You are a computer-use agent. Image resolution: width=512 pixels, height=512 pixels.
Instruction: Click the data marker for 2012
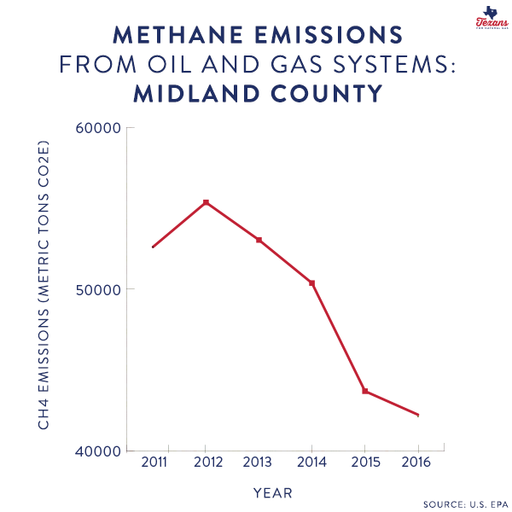coord(206,202)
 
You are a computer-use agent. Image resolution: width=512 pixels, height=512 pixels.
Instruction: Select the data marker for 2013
coord(259,240)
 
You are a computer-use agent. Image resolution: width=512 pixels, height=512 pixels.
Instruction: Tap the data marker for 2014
coord(311,282)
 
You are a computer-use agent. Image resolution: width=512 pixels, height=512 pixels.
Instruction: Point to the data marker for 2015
coord(365,391)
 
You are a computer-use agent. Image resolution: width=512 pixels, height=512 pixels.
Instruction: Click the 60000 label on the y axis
coord(97,128)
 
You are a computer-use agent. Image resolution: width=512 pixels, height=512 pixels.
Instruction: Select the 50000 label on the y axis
coord(97,289)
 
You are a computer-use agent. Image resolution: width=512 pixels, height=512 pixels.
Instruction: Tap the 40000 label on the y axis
coord(97,451)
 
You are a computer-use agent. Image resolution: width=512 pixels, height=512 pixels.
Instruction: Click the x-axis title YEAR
coord(273,492)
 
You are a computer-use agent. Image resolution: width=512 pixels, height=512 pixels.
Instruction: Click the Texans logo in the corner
coord(489,17)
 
